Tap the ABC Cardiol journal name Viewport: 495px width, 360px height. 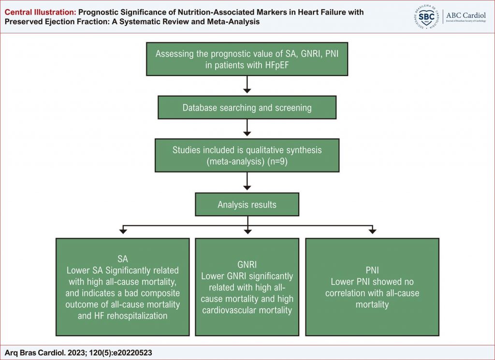[x=466, y=15]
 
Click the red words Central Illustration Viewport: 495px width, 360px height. [x=41, y=12]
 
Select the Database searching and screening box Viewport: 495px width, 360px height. [x=247, y=108]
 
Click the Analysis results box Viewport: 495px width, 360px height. [x=247, y=204]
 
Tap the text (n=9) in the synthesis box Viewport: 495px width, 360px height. [x=277, y=161]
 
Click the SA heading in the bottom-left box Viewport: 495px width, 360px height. [x=123, y=259]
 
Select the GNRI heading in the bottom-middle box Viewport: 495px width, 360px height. [x=247, y=265]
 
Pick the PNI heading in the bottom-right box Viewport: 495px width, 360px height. [x=372, y=271]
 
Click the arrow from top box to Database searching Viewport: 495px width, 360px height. [x=247, y=84]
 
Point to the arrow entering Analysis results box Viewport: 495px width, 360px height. [x=247, y=181]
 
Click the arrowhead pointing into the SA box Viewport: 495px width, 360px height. [x=123, y=231]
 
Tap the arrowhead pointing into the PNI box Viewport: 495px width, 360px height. [x=373, y=231]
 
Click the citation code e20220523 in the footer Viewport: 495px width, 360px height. [x=132, y=353]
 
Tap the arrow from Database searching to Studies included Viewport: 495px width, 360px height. [x=247, y=128]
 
